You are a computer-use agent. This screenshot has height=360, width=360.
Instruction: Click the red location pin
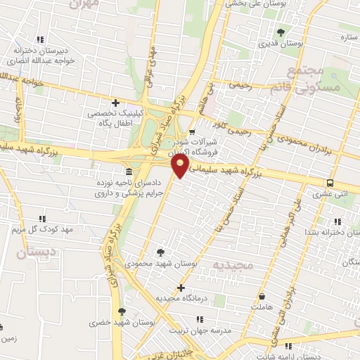181,166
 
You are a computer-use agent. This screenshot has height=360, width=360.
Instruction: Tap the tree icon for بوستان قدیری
281,32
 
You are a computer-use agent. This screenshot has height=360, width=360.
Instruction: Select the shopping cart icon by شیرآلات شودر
192,131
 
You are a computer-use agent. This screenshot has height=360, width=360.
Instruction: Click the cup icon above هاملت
262,297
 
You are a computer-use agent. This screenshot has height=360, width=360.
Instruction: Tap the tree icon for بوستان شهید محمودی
162,252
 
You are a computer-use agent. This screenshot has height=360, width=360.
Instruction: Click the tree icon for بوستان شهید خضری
122,311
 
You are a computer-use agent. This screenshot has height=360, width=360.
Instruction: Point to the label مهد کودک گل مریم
43,230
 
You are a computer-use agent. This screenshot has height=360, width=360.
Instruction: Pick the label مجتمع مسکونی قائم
314,79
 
